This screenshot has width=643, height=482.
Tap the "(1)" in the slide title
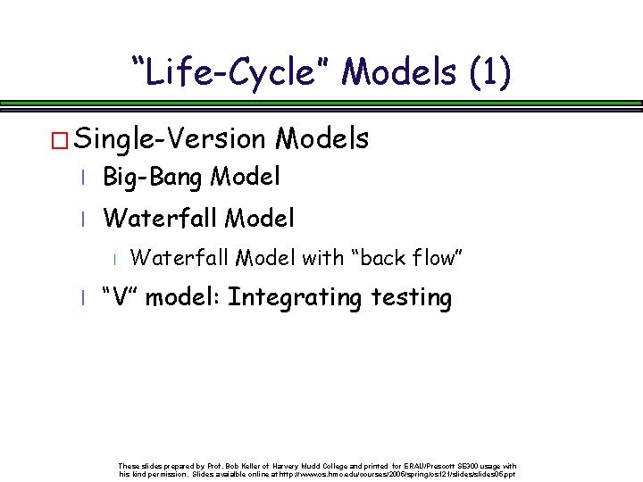tap(489, 71)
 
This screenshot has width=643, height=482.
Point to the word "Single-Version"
tap(171, 139)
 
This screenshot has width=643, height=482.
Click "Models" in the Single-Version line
tap(322, 139)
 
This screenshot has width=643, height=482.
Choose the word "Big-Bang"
tap(154, 178)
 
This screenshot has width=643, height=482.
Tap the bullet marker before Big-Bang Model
tap(81, 179)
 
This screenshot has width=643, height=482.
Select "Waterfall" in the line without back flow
tap(162, 218)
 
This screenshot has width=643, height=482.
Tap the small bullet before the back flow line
tap(115, 260)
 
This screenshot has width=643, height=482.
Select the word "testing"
tap(411, 297)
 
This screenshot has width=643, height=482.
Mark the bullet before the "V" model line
tap(81, 299)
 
